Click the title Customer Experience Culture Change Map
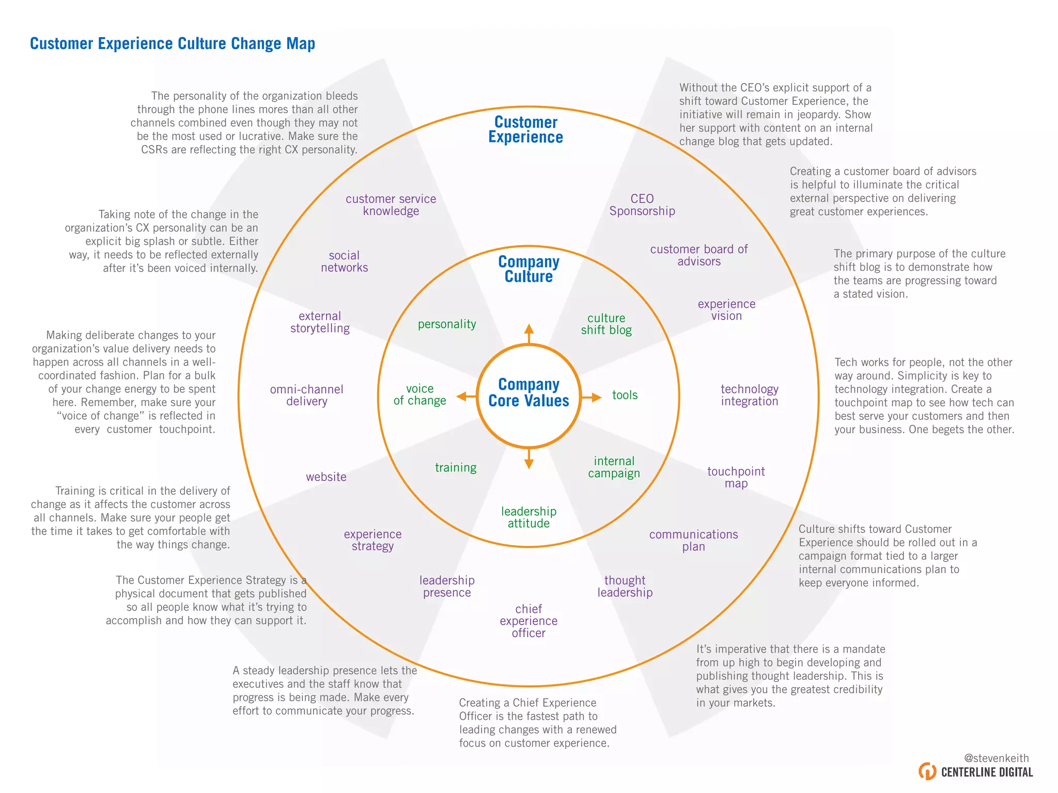pyautogui.click(x=173, y=44)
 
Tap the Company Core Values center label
pyautogui.click(x=528, y=393)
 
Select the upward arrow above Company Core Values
pyautogui.click(x=528, y=333)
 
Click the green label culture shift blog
pyautogui.click(x=606, y=324)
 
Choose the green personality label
pyautogui.click(x=447, y=324)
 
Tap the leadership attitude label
pyautogui.click(x=528, y=517)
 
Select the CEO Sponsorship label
pyautogui.click(x=642, y=205)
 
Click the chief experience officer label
pyautogui.click(x=528, y=621)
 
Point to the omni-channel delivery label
pyautogui.click(x=306, y=395)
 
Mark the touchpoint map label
pyautogui.click(x=736, y=478)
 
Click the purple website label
pyautogui.click(x=326, y=477)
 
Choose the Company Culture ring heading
pyautogui.click(x=528, y=269)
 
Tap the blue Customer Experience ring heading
pyautogui.click(x=526, y=130)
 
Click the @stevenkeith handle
pyautogui.click(x=996, y=758)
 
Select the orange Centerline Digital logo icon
pyautogui.click(x=927, y=771)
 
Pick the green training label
pyautogui.click(x=456, y=468)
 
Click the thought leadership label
pyautogui.click(x=625, y=586)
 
